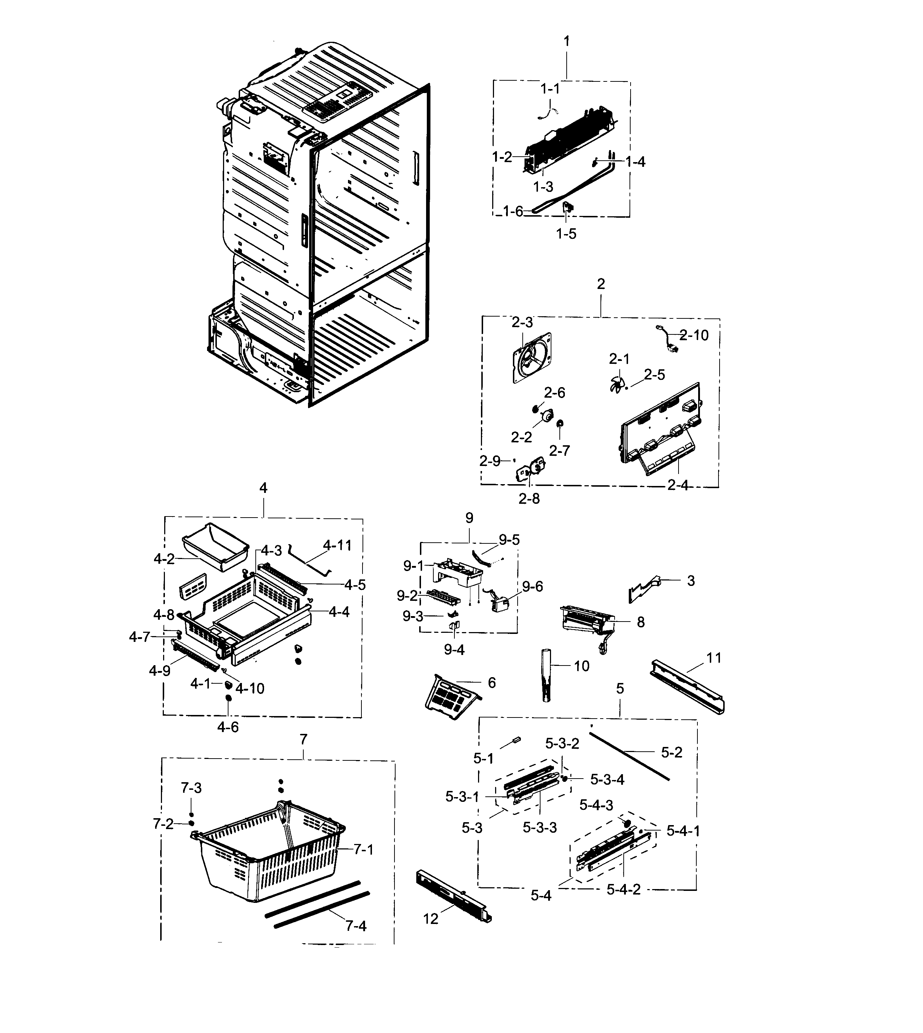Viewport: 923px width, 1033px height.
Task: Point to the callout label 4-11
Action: (x=337, y=546)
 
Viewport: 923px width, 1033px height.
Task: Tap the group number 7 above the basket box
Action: (x=303, y=739)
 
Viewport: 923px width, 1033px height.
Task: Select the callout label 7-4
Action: (x=356, y=926)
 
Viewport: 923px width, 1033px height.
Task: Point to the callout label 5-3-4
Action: (x=608, y=779)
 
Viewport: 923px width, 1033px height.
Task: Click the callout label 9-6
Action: (x=533, y=587)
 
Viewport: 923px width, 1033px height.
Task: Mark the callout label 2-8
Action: (x=529, y=499)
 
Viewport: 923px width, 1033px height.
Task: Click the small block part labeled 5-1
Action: (x=516, y=740)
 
